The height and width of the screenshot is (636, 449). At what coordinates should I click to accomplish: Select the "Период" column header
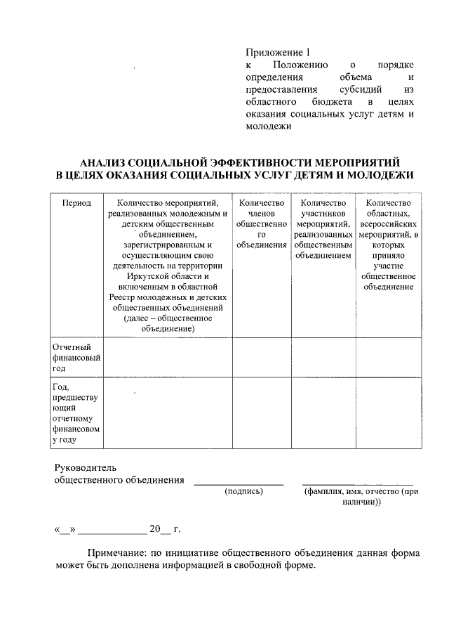[76, 203]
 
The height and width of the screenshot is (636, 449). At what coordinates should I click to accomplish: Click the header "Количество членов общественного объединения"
[262, 223]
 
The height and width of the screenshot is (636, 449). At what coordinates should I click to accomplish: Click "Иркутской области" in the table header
[168, 276]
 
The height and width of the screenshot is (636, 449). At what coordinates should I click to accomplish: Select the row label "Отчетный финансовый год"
[76, 357]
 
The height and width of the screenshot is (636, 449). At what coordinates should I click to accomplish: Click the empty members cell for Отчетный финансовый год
[262, 357]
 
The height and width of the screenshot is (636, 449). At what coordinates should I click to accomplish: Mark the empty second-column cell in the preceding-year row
[168, 413]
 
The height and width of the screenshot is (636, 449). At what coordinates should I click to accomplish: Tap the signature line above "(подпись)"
[239, 484]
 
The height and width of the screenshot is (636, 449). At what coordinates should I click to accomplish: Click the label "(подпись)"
[243, 491]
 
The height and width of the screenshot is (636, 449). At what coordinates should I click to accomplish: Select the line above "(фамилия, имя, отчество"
[358, 484]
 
